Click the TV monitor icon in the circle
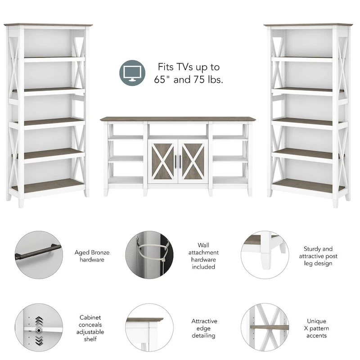pos(132,73)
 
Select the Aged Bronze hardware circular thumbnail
pos(39,255)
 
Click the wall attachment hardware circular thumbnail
pos(149,255)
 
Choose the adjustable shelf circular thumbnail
pos(39,328)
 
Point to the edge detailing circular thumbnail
pos(149,328)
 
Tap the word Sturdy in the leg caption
pos(312,249)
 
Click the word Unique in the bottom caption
pos(317,321)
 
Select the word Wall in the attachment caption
pos(204,245)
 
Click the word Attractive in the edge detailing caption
pos(204,321)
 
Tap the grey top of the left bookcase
pos(48,25)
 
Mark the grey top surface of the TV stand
pos(178,119)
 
